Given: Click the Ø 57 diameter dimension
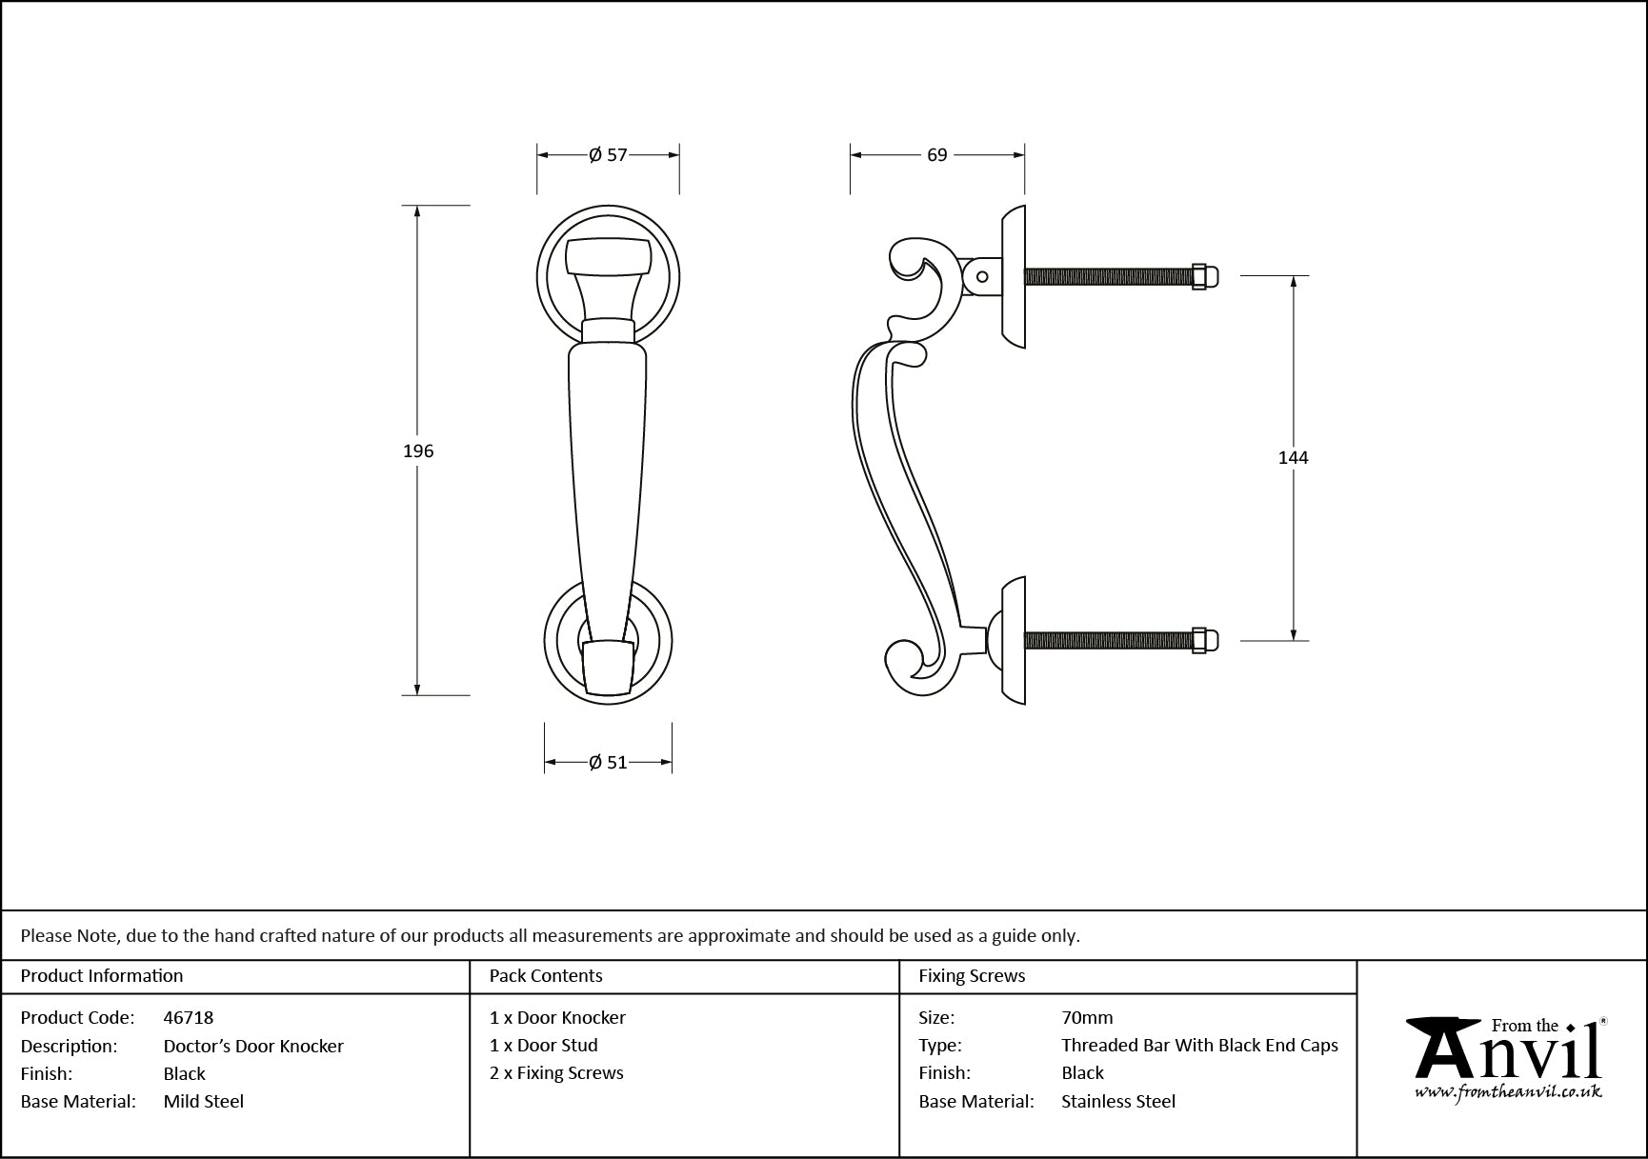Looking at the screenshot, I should [608, 155].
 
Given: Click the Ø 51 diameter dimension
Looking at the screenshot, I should [608, 762].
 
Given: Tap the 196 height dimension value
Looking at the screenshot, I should [418, 451].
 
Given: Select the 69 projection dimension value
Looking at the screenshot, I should [936, 155].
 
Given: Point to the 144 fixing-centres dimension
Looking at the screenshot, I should [1293, 458].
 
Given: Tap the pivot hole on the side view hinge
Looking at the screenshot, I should [982, 277].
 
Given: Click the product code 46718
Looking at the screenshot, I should [189, 1017].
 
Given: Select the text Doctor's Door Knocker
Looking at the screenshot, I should [253, 1046].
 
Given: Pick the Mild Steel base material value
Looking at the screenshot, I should [204, 1101].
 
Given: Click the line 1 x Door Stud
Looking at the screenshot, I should [544, 1045].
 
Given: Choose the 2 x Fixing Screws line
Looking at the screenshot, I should [556, 1072].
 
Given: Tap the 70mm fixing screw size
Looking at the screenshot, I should [1087, 1017].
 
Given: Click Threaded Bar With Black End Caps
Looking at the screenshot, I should [1199, 1045].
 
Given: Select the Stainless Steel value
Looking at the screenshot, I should [1118, 1101].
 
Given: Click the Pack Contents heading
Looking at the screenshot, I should [546, 975].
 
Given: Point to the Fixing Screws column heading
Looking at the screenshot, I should [972, 975].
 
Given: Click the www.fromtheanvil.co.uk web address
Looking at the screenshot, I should [1507, 1092].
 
